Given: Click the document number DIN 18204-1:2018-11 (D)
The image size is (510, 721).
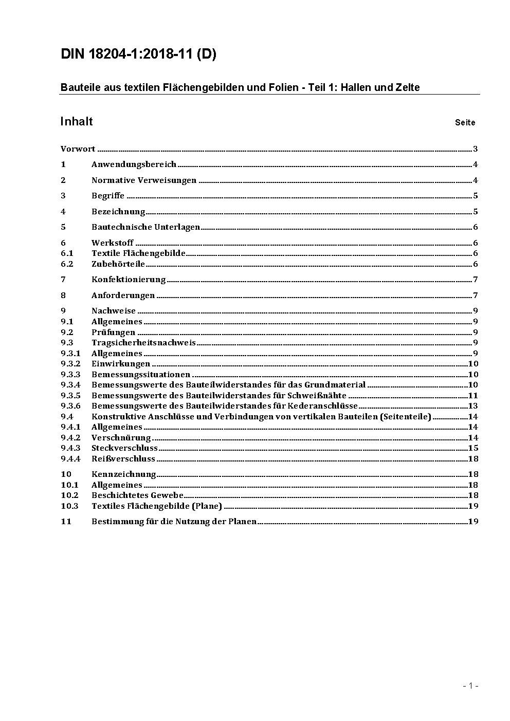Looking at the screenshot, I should (x=138, y=54).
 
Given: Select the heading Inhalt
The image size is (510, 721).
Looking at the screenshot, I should (x=77, y=121).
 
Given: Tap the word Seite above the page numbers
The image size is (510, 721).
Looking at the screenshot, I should (x=465, y=122).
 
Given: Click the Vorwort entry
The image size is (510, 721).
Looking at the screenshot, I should (x=78, y=149).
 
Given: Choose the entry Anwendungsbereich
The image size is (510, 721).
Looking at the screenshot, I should (x=134, y=164).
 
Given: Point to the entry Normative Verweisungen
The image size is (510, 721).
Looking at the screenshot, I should (x=144, y=180).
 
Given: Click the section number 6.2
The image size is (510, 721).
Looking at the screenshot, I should (x=67, y=264).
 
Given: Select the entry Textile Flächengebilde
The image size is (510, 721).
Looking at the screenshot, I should (x=138, y=253).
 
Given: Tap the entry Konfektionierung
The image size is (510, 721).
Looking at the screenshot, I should (x=129, y=280).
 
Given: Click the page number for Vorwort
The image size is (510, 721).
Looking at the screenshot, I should (x=476, y=149).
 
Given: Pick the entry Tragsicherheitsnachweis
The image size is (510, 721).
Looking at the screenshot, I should (x=143, y=343).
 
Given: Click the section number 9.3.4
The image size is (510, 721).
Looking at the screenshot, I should (x=70, y=385).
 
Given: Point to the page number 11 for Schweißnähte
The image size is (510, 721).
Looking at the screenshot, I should (x=473, y=396).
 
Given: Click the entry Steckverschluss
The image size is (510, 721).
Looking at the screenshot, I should (x=124, y=448).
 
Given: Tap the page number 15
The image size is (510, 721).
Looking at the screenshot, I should (x=473, y=448).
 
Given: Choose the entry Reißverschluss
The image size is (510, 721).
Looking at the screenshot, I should (x=123, y=459).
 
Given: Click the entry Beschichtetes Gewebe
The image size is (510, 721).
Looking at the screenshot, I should (x=137, y=495).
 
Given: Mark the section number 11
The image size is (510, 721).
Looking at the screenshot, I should (x=66, y=522).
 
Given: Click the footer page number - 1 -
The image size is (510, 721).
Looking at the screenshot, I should (x=470, y=686).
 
